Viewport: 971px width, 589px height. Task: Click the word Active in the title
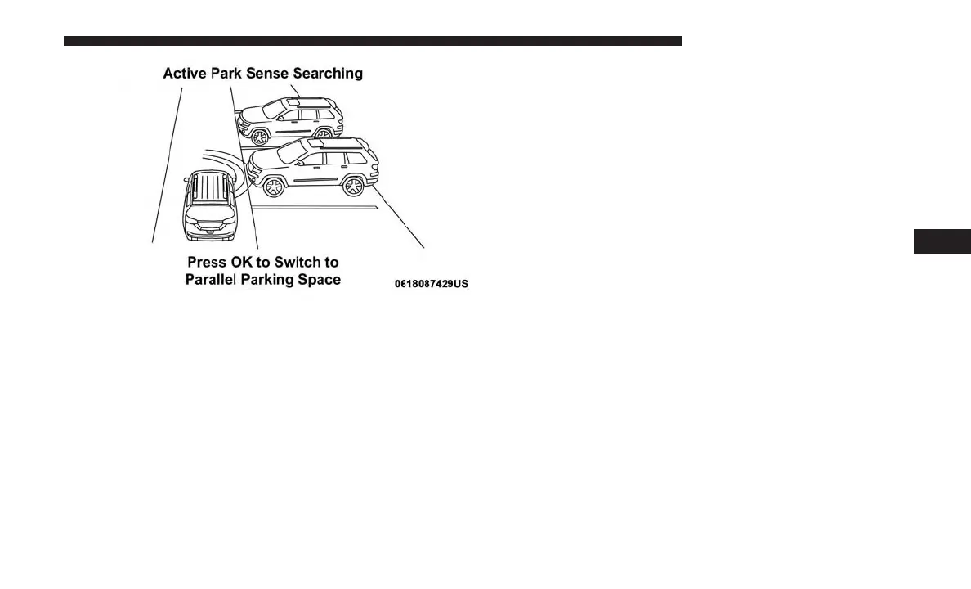[x=184, y=74]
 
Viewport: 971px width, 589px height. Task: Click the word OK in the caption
[x=243, y=263]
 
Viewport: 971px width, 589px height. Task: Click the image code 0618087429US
[x=432, y=284]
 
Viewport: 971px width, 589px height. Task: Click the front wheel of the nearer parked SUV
[x=273, y=187]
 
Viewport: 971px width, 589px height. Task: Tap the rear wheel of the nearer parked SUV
[x=353, y=186]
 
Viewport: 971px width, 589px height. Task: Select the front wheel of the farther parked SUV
[x=260, y=136]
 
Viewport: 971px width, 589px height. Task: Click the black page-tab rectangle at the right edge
[x=942, y=242]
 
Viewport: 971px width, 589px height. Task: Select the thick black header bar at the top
[x=372, y=41]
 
